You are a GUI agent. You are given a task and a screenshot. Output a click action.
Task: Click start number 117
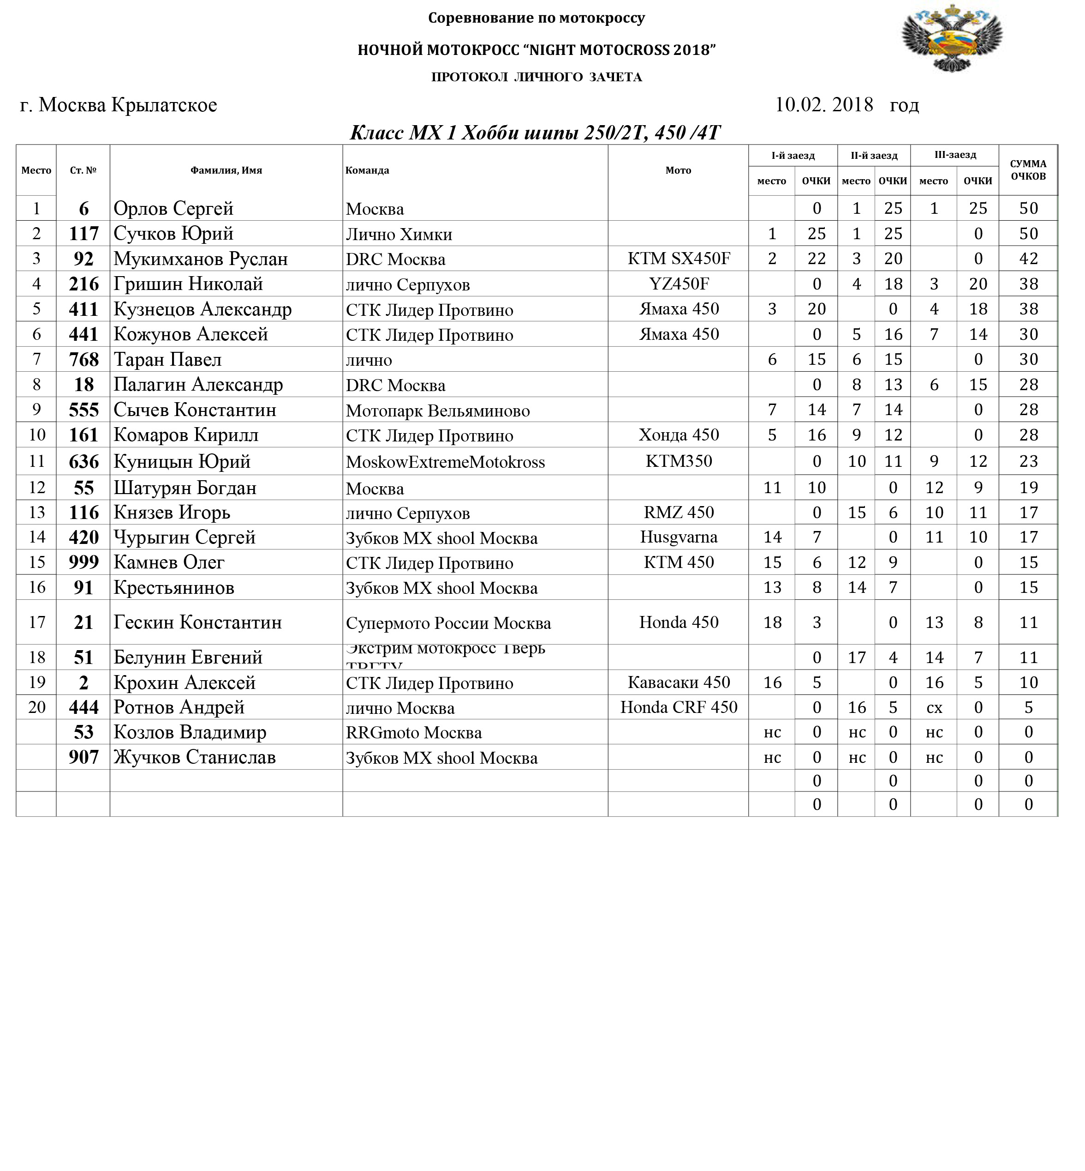(83, 234)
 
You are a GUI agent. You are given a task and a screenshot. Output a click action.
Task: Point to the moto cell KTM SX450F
(678, 259)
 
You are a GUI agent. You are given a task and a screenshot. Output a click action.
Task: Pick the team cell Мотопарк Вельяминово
(437, 410)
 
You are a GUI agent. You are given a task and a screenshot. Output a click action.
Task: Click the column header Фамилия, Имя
(226, 170)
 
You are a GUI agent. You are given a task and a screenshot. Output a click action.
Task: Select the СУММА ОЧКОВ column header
(1028, 170)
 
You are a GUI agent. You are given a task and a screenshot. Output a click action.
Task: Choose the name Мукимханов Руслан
(200, 259)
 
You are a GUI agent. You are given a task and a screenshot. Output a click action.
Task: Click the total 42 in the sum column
(1028, 259)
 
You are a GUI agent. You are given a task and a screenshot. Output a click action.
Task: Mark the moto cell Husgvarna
(678, 537)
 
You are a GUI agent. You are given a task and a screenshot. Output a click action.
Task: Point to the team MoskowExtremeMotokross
(445, 462)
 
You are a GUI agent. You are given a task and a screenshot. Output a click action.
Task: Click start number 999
(83, 562)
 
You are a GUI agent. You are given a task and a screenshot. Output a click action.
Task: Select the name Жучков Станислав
(194, 757)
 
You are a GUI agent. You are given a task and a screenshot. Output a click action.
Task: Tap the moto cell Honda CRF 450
(678, 707)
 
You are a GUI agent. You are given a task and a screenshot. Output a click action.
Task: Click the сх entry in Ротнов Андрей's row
(934, 708)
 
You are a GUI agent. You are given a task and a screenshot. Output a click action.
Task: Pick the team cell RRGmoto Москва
(413, 733)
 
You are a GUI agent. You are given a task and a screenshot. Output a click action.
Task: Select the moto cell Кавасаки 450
(678, 682)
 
